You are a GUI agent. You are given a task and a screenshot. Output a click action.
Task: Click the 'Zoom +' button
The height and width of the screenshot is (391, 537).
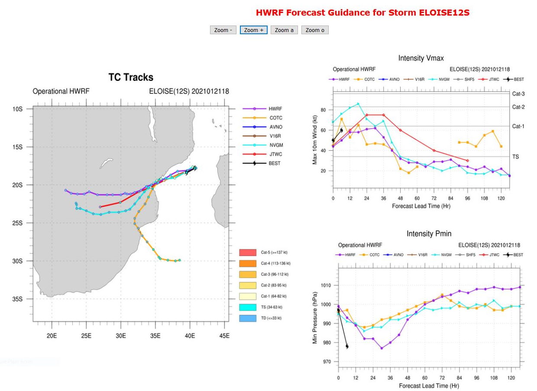point(253,30)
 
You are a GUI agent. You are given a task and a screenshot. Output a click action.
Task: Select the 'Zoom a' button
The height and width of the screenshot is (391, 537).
point(284,30)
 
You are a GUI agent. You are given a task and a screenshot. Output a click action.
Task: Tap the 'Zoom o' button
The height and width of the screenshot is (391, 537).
point(315,30)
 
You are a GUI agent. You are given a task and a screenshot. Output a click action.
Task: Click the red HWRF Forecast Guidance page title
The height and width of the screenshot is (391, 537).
point(362,13)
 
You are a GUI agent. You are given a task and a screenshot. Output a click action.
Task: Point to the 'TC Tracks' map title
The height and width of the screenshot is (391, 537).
point(131,78)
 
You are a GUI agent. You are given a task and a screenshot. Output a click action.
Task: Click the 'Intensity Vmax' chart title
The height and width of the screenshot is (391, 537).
point(421,58)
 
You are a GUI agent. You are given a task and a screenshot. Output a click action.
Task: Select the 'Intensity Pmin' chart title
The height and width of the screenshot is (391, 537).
point(428,234)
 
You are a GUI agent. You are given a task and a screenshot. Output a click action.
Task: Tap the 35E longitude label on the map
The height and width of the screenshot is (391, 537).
point(155,336)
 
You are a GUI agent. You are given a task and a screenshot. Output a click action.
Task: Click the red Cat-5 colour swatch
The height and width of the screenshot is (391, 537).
point(249,252)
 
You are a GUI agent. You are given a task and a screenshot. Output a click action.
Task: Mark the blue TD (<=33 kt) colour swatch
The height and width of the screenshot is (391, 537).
point(249,318)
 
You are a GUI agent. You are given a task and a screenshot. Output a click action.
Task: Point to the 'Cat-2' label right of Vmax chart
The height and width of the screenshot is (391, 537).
point(518,107)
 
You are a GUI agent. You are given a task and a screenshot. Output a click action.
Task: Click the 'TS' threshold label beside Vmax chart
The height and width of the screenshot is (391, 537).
point(515,157)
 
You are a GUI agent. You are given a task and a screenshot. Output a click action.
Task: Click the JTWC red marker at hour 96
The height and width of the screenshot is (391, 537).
point(467,161)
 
